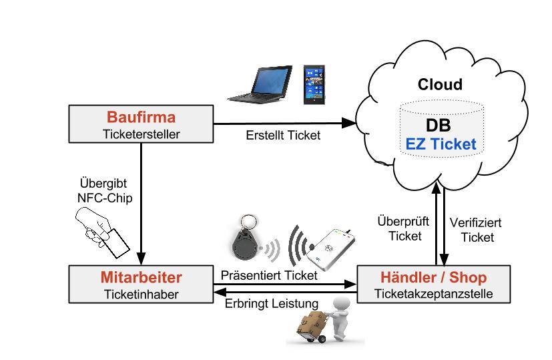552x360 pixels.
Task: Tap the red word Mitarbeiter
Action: tap(141, 277)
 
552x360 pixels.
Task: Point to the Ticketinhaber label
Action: tap(141, 292)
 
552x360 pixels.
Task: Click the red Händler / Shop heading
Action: tap(433, 277)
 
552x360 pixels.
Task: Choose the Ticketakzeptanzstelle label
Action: tap(433, 292)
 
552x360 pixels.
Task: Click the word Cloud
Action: tap(439, 85)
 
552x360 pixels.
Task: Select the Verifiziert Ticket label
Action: tap(476, 229)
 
